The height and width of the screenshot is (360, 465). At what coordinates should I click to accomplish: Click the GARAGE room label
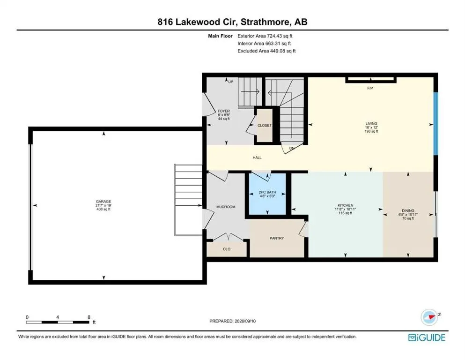pos(103,202)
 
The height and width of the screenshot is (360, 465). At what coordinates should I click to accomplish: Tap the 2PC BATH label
pos(267,192)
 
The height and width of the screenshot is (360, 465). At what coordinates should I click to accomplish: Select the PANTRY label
pos(277,238)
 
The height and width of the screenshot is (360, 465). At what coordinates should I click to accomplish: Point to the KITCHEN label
pos(346,205)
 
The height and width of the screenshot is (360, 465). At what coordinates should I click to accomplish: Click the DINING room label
pos(408,211)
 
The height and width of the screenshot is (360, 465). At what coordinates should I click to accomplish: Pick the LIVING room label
pos(371,123)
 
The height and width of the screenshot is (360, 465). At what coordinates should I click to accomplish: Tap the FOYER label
pos(224,111)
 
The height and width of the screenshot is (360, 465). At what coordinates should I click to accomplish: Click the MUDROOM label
pos(226,207)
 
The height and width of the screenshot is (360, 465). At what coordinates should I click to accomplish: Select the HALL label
pos(257,157)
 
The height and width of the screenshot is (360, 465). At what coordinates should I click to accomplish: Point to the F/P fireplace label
pos(370,88)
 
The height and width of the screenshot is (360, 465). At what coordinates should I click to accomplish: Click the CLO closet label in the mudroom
pos(227,249)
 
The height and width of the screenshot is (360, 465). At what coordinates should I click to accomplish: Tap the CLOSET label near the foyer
pos(264,126)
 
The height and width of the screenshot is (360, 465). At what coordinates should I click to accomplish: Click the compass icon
pos(429,317)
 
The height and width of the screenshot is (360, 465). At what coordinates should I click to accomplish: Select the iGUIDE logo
pos(427,337)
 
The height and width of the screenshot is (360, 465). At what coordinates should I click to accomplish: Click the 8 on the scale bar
pos(89,317)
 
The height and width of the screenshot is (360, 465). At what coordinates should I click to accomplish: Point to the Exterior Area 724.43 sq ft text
pos(265,36)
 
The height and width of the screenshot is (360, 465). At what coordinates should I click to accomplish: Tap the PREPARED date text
pos(232,321)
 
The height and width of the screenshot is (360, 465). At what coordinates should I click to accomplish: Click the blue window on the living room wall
pos(435,124)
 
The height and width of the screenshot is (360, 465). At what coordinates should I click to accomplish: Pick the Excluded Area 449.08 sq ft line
pos(266,51)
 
